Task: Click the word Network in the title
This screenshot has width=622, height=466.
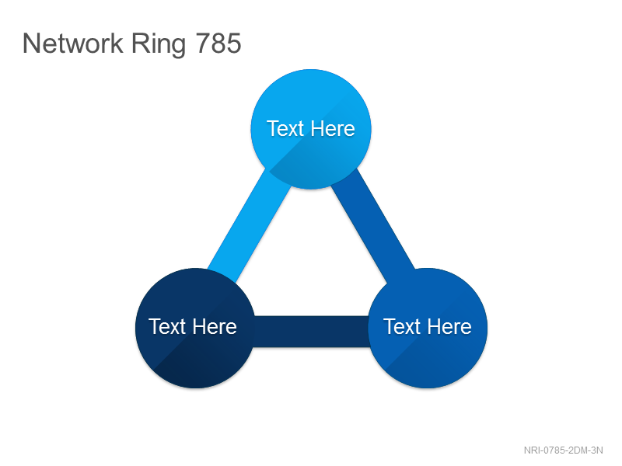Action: pos(73,43)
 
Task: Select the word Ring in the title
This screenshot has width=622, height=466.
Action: pos(159,45)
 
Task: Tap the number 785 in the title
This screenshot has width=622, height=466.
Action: pos(218,43)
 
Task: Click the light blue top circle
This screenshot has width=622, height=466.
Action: pos(311,129)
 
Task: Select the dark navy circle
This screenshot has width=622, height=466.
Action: pos(195,328)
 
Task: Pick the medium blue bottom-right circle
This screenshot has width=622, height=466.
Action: pos(428,328)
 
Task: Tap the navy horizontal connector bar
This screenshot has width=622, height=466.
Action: pos(312,332)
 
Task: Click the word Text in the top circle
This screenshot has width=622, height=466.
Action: pos(285,129)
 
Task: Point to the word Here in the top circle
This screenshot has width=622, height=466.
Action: pos(333,129)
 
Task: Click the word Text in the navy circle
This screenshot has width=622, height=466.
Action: pos(167,327)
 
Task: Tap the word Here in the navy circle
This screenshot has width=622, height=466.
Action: pos(215,327)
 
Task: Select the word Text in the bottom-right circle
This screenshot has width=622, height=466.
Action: pos(402,327)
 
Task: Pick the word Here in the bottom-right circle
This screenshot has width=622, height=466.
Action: pos(449,327)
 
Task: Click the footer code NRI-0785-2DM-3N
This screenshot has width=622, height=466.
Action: pos(563,450)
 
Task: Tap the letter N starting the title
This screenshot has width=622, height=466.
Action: pos(30,43)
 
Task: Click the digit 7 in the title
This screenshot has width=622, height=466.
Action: pos(203,43)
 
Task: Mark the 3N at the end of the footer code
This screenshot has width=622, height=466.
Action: pos(597,450)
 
